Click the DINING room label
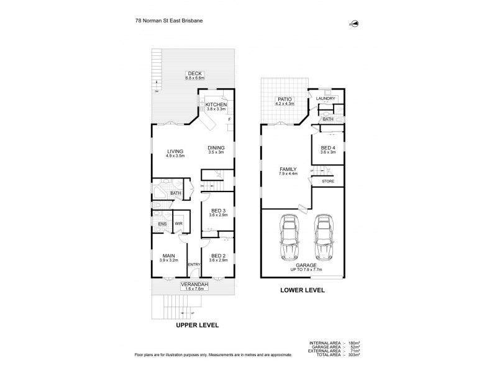216,147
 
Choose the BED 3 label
217,210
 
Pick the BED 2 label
217,256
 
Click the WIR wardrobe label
177,224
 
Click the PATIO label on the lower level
285,99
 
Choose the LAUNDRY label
326,99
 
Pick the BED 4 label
327,148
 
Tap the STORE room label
327,181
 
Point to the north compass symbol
356,24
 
